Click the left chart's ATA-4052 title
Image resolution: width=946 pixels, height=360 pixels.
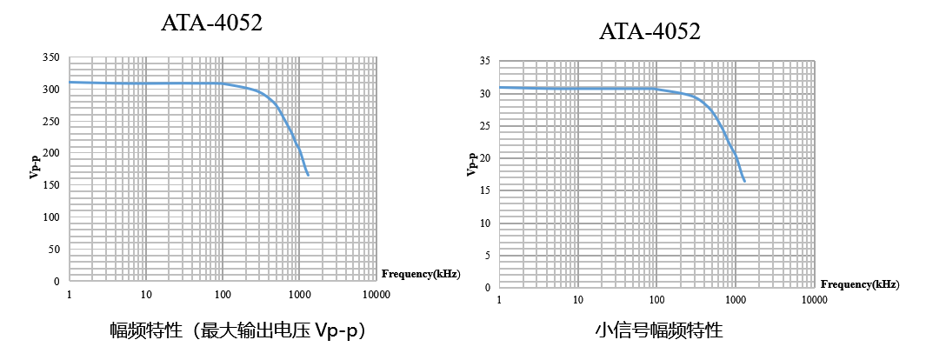(211, 24)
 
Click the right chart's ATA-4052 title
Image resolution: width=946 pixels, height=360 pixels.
(650, 32)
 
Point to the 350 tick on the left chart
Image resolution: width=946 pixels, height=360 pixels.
(52, 57)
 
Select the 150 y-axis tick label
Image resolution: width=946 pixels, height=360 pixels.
(52, 185)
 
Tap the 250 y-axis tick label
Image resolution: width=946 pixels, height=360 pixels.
(52, 122)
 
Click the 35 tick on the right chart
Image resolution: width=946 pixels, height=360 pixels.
(485, 61)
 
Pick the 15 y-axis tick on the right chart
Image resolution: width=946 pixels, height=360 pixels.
(485, 190)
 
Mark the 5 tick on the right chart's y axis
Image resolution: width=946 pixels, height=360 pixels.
(488, 256)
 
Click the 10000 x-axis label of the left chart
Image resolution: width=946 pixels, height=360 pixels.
(376, 295)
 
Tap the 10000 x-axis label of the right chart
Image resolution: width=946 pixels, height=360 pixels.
(814, 300)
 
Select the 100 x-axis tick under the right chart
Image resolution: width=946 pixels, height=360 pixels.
(657, 300)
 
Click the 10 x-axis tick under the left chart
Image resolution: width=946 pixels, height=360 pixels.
(146, 295)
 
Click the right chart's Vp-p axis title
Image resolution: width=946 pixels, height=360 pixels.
(471, 165)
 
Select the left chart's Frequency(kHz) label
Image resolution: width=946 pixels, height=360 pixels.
(421, 274)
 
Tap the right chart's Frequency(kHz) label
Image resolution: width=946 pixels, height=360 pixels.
(860, 284)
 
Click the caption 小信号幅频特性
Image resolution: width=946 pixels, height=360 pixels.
(659, 331)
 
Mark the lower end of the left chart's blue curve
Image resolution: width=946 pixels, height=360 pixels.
(308, 175)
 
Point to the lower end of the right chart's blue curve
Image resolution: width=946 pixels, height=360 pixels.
(744, 181)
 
